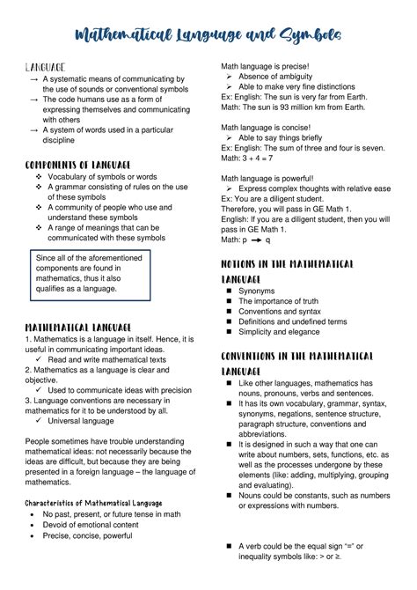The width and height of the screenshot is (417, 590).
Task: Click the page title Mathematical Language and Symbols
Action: tap(208, 34)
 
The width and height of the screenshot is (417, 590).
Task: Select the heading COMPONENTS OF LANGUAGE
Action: tap(78, 165)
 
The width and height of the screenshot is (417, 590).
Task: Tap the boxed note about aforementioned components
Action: tap(89, 276)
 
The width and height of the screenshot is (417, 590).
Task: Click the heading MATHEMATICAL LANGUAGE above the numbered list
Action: tap(78, 327)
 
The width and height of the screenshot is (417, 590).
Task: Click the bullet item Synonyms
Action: tap(257, 290)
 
